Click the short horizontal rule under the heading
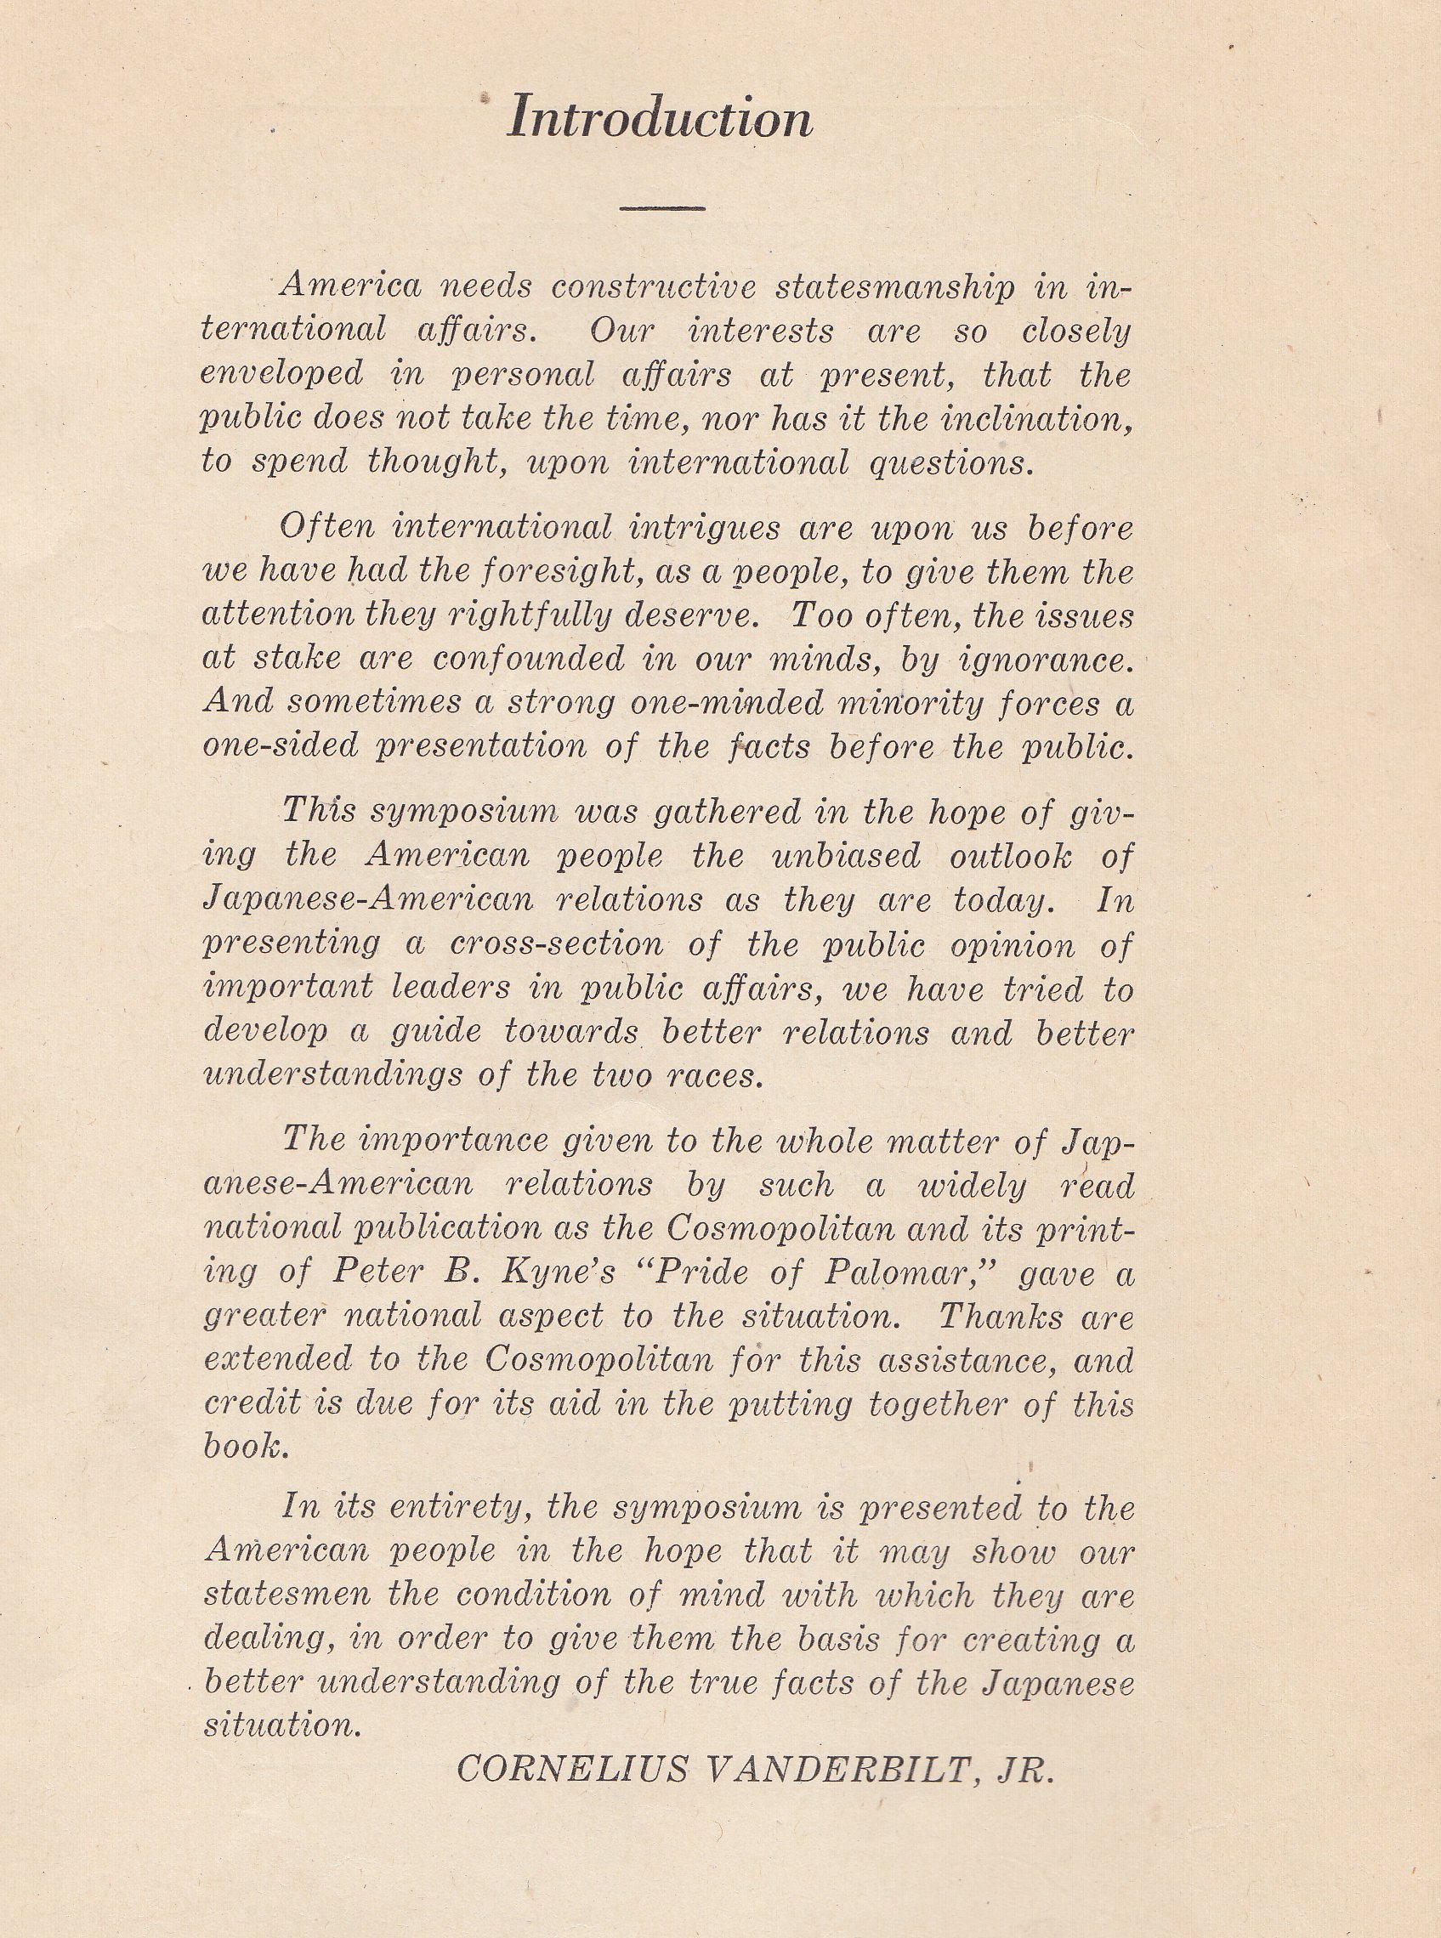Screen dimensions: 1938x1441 tap(662, 208)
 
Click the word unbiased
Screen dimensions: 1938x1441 tap(845, 857)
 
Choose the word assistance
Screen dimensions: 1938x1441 tap(966, 1360)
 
